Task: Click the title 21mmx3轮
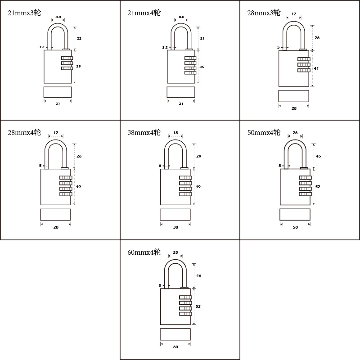point(24,13)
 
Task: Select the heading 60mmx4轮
point(144,252)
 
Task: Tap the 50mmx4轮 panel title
point(264,132)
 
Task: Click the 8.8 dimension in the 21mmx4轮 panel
point(181,17)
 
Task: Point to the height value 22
point(79,38)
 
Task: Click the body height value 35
point(202,67)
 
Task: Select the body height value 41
point(316,68)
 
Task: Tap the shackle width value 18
point(175,133)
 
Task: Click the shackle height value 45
point(318,156)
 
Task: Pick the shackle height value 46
point(198,276)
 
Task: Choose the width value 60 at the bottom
point(175,347)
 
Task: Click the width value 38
point(175,227)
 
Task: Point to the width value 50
point(295,227)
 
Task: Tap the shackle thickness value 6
point(160,166)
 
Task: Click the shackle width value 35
point(175,252)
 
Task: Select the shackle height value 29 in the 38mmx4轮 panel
point(198,156)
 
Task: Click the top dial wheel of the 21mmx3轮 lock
point(67,58)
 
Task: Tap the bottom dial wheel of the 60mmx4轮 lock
point(185,314)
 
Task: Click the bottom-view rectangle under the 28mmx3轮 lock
point(294,96)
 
